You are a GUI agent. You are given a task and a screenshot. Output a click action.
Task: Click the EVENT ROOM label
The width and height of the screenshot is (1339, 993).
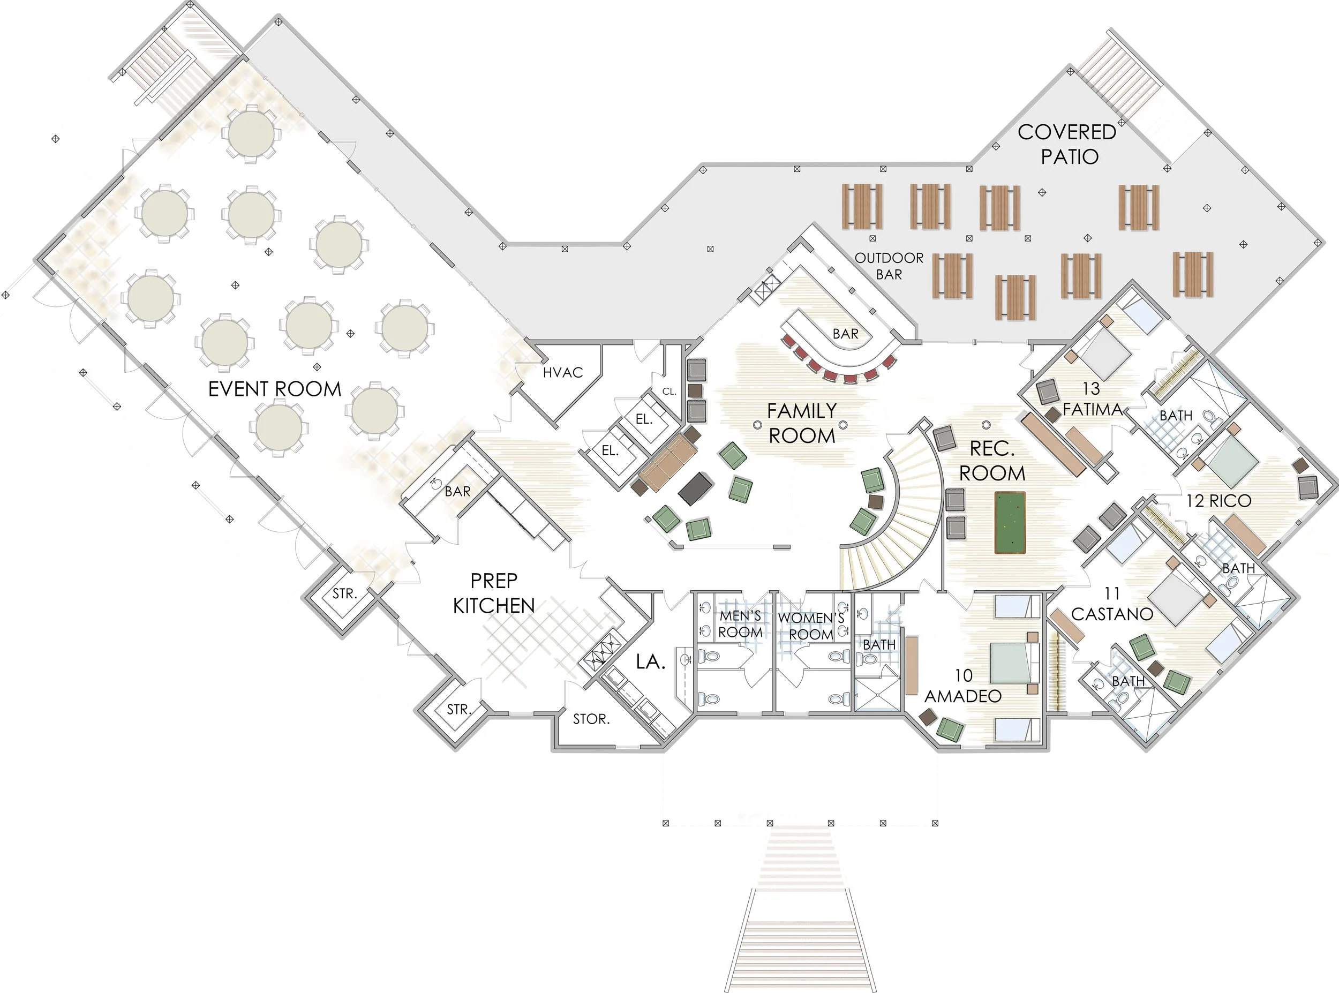[275, 389]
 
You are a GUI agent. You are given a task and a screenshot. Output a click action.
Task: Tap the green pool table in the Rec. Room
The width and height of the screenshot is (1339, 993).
[1010, 522]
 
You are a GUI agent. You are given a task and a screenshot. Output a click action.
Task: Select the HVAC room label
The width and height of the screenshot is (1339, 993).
[562, 373]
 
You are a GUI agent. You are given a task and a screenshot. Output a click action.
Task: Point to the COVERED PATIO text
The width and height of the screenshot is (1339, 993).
[1067, 144]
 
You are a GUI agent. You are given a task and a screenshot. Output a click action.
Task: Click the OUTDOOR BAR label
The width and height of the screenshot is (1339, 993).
[889, 266]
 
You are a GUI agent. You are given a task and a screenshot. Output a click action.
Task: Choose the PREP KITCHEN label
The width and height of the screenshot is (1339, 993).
[493, 593]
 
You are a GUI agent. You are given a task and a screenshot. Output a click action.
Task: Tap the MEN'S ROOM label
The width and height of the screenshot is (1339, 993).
[740, 624]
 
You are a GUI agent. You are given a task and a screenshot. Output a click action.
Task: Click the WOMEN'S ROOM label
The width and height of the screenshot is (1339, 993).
[811, 626]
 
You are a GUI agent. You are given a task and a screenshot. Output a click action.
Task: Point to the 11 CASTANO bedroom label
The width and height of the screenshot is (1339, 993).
[1112, 604]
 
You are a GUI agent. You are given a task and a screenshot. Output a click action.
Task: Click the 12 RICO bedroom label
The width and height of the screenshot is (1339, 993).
[1218, 501]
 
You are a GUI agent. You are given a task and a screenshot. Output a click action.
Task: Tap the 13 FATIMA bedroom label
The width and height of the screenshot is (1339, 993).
[1092, 399]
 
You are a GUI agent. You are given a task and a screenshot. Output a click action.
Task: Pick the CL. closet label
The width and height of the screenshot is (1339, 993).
[669, 392]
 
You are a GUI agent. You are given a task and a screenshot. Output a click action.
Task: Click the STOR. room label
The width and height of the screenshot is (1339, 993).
[591, 719]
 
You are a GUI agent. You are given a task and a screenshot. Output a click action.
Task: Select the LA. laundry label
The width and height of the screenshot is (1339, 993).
[650, 662]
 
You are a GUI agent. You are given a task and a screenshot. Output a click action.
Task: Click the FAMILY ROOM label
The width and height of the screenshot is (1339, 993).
[802, 423]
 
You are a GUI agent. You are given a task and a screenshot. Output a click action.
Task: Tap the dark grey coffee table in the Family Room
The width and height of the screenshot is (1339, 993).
[696, 488]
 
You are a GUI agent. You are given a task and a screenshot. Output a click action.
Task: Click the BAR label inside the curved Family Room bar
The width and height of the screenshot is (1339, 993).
[845, 334]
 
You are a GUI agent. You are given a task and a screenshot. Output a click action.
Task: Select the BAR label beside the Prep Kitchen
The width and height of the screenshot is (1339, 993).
[457, 492]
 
